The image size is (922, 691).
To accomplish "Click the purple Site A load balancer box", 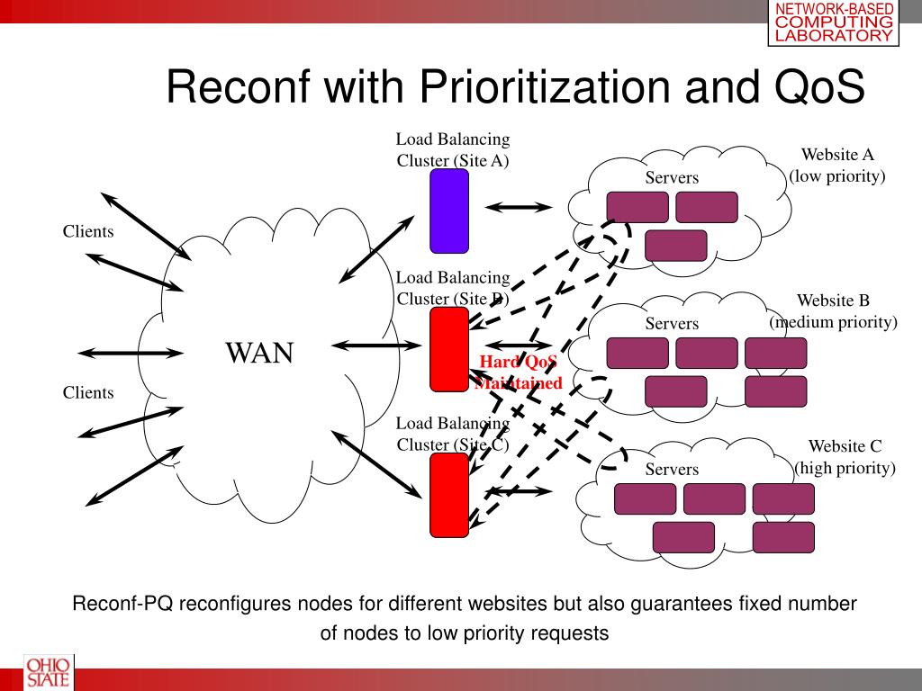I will pyautogui.click(x=449, y=211).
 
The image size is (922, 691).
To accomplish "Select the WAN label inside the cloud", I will pyautogui.click(x=259, y=353).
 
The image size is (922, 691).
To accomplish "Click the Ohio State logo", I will pyautogui.click(x=37, y=672).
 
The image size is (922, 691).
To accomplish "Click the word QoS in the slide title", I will pyautogui.click(x=818, y=87).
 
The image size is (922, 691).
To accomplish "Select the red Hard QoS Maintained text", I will pyautogui.click(x=519, y=372).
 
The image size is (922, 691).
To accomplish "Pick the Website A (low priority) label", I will pyautogui.click(x=837, y=166).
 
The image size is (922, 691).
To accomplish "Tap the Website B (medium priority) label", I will pyautogui.click(x=833, y=311).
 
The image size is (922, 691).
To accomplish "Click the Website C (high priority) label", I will pyautogui.click(x=844, y=457).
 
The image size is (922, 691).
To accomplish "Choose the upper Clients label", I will pyautogui.click(x=88, y=232).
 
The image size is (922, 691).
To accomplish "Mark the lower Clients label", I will pyautogui.click(x=88, y=393).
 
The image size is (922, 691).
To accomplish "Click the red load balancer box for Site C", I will pyautogui.click(x=449, y=495).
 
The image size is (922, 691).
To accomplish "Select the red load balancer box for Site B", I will pyautogui.click(x=449, y=349).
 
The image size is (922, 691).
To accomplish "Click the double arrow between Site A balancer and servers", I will pyautogui.click(x=518, y=206).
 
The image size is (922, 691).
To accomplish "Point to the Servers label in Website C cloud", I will pyautogui.click(x=672, y=470).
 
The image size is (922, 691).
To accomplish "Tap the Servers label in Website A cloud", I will pyautogui.click(x=672, y=178).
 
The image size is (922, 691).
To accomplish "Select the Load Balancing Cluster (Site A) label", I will pyautogui.click(x=453, y=150).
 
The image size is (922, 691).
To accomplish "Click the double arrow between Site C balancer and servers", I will pyautogui.click(x=518, y=490).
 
